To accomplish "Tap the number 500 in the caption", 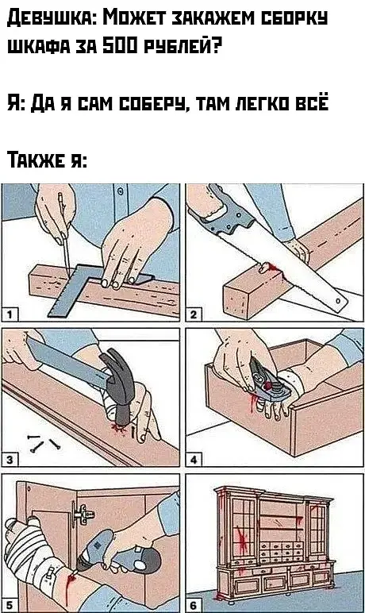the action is pyautogui.click(x=120, y=48).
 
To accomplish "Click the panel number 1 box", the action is pyautogui.click(x=10, y=314).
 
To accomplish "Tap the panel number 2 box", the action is pyautogui.click(x=194, y=314).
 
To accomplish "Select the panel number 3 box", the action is pyautogui.click(x=10, y=460).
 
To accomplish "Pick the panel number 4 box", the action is pyautogui.click(x=194, y=460).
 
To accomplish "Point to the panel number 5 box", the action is pyautogui.click(x=10, y=606).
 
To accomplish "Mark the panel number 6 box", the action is pyautogui.click(x=194, y=606).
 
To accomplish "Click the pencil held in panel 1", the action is pyautogui.click(x=64, y=234).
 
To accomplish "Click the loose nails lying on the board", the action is pyautogui.click(x=43, y=442).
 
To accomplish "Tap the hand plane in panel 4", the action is pyautogui.click(x=267, y=383).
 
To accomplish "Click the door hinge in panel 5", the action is pyautogui.click(x=82, y=513).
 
